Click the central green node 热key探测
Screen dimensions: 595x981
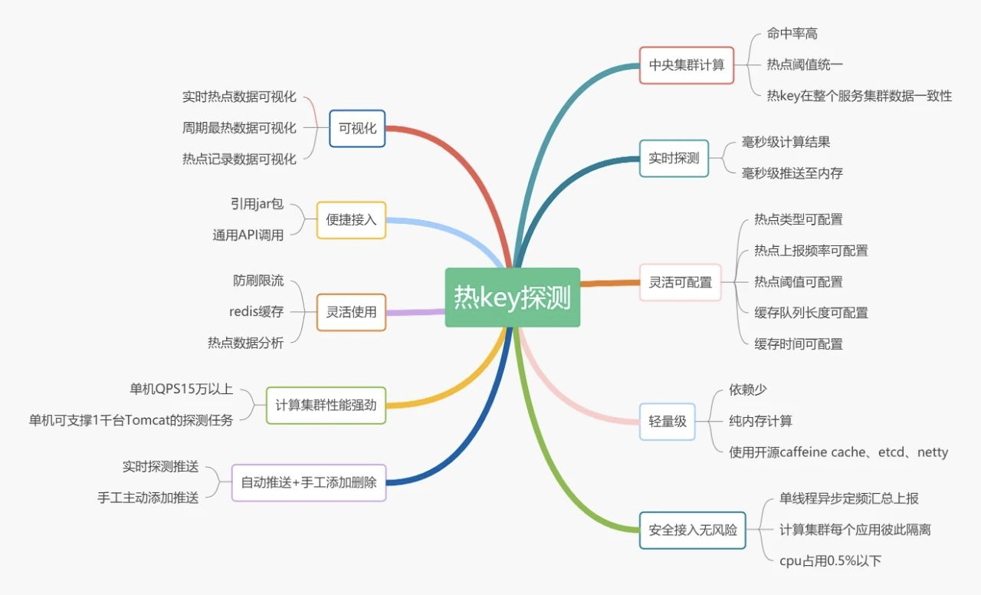pyautogui.click(x=512, y=297)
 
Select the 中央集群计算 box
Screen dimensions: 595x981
pyautogui.click(x=686, y=65)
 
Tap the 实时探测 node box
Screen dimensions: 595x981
pyautogui.click(x=674, y=158)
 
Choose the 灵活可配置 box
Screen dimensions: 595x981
pyautogui.click(x=680, y=282)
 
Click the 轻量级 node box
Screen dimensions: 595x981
pyautogui.click(x=668, y=421)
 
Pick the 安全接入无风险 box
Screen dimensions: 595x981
pyautogui.click(x=692, y=530)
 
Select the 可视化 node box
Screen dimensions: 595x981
pyautogui.click(x=357, y=128)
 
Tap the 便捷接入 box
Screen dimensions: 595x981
pyautogui.click(x=351, y=220)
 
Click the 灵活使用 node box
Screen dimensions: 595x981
pyautogui.click(x=351, y=312)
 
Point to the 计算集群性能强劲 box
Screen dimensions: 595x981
pyautogui.click(x=326, y=405)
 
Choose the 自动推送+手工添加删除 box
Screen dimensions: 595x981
pyautogui.click(x=309, y=482)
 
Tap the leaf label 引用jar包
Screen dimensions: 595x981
pyautogui.click(x=257, y=204)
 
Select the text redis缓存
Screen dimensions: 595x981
pyautogui.click(x=256, y=311)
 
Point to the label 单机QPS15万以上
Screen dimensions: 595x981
pyautogui.click(x=181, y=389)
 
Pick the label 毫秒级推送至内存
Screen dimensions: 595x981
pyautogui.click(x=792, y=173)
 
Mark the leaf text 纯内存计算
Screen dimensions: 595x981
pyautogui.click(x=760, y=421)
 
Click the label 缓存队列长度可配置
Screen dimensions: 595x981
pyautogui.click(x=811, y=313)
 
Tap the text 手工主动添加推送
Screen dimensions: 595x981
pyautogui.click(x=148, y=498)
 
